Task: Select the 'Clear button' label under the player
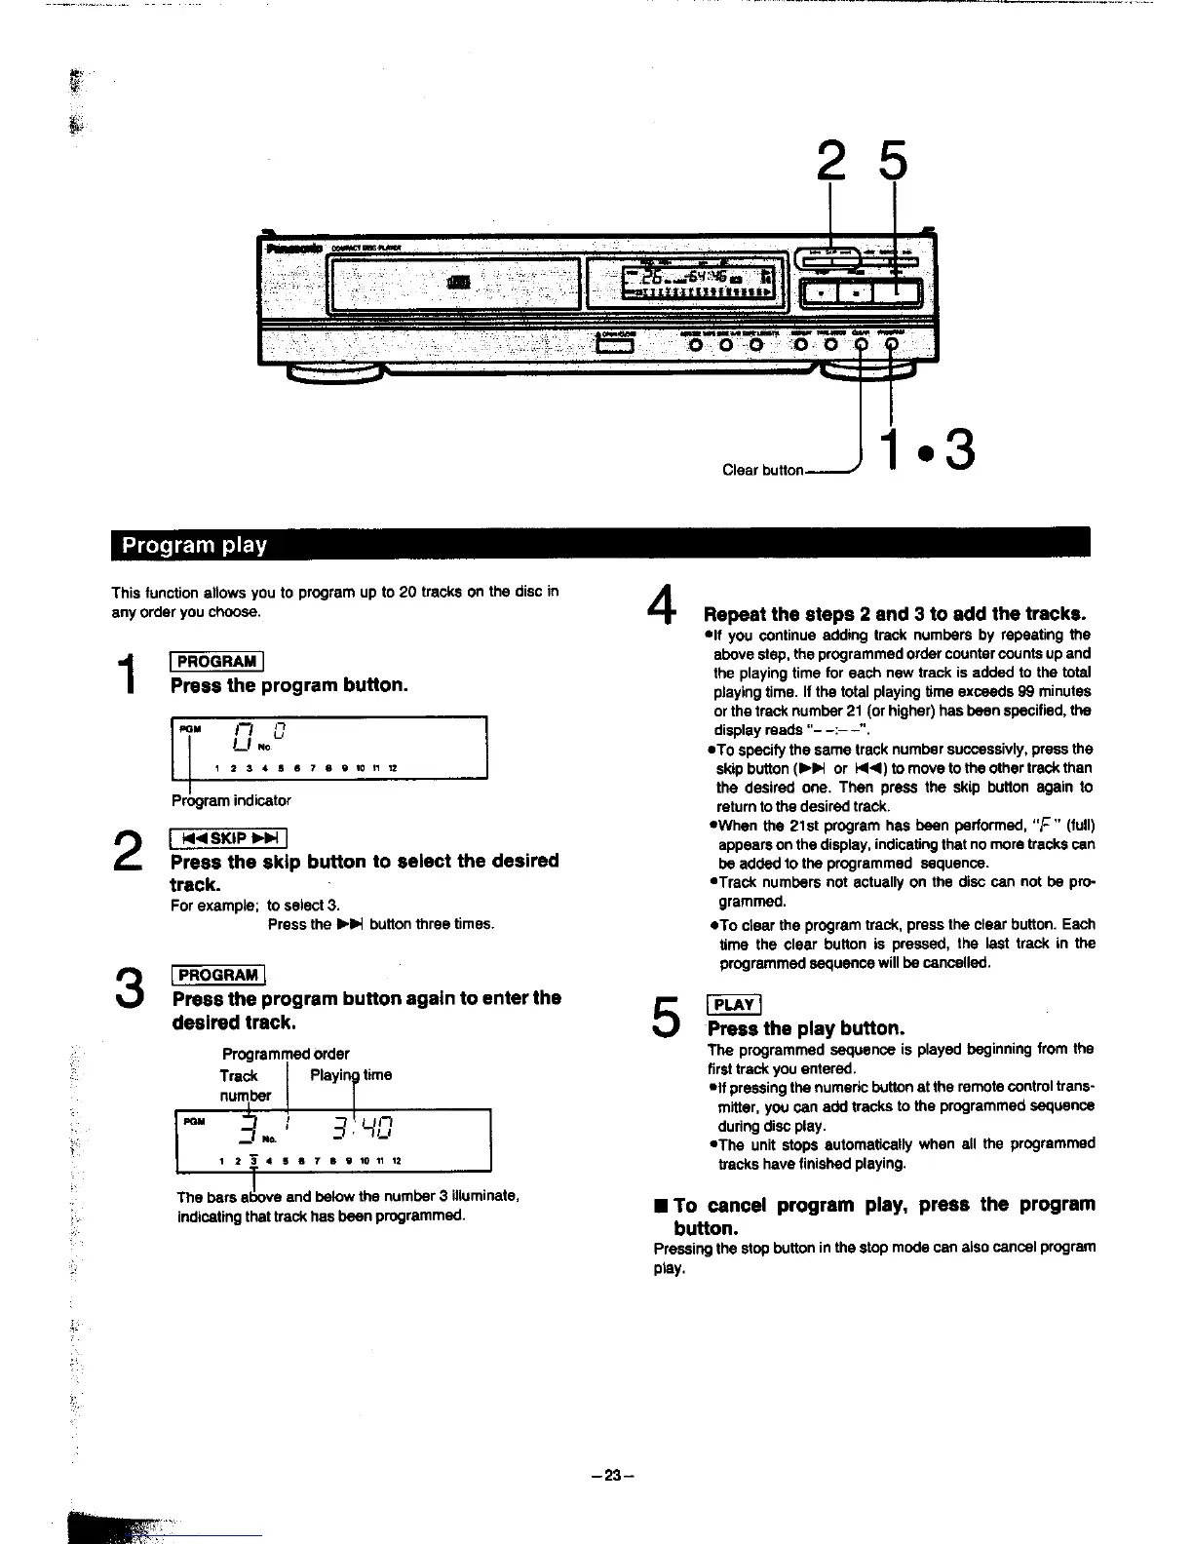[762, 470]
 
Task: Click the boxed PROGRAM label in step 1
[216, 662]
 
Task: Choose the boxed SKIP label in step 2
[227, 838]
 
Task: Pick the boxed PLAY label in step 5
[734, 1005]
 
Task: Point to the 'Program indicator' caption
[231, 800]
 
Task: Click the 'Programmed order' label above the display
[286, 1054]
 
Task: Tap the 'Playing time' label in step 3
[351, 1075]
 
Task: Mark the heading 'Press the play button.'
[806, 1028]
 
